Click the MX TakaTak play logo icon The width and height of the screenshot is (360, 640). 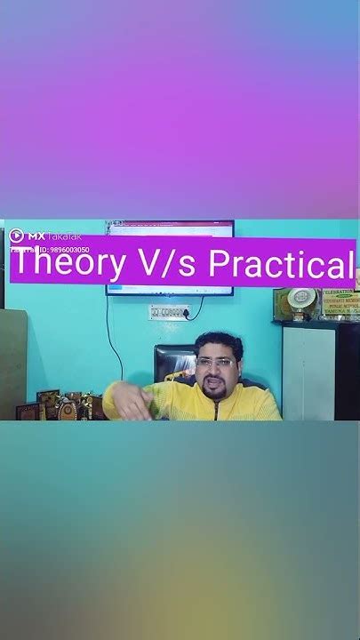click(16, 236)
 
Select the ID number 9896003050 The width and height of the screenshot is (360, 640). click(62, 251)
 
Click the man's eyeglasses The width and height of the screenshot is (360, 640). click(216, 363)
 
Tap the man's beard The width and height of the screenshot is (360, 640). click(215, 389)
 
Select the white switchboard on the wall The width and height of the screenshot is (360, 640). click(169, 312)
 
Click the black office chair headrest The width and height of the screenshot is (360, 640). click(174, 360)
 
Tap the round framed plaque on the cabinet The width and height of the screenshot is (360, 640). click(295, 303)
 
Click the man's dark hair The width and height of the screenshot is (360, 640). click(217, 341)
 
